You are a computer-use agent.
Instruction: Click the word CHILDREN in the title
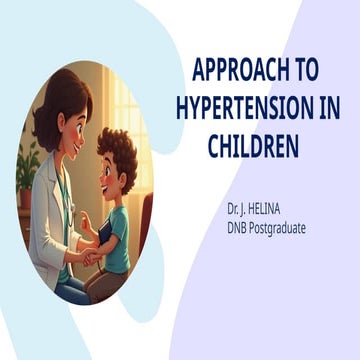(x=254, y=146)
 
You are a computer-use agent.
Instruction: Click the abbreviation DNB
(x=240, y=230)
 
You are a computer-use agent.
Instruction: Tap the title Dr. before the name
(x=234, y=213)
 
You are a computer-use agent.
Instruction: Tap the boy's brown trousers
(x=110, y=285)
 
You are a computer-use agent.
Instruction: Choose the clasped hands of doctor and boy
(x=87, y=258)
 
